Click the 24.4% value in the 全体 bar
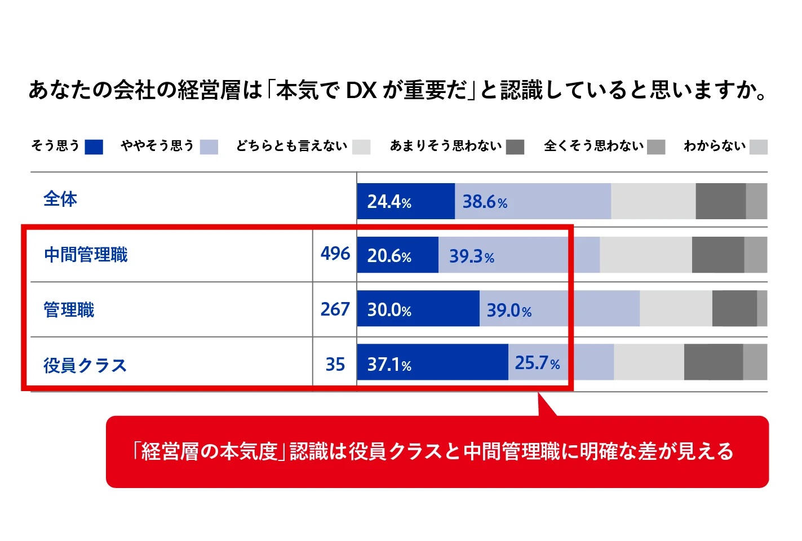coord(389,202)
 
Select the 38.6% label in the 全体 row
coord(485,202)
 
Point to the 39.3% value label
coord(471,256)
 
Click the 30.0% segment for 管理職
coord(418,309)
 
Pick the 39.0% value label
coord(509,311)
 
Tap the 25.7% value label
coord(537,363)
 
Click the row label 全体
coord(60,199)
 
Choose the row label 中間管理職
coord(86,255)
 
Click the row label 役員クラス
coord(85,366)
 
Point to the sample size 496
coord(335,254)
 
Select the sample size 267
coord(335,309)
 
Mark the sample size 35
coord(335,365)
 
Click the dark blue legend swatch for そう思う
coord(94,147)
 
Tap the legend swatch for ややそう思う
coord(209,147)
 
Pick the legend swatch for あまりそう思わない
coord(515,147)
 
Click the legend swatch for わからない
coord(759,147)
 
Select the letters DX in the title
coord(361,91)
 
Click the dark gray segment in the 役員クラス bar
coord(713,362)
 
